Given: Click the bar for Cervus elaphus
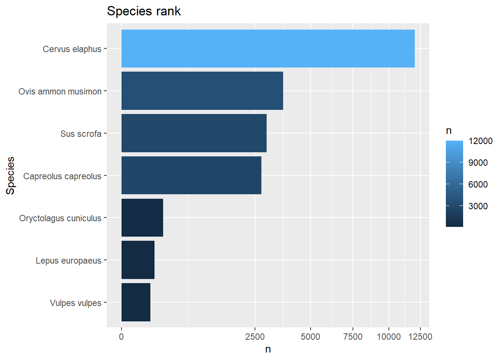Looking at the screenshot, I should pyautogui.click(x=268, y=49).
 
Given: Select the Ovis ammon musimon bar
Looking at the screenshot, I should pyautogui.click(x=202, y=91).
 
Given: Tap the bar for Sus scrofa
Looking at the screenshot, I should pyautogui.click(x=194, y=133).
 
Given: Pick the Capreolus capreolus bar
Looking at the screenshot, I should pyautogui.click(x=191, y=175).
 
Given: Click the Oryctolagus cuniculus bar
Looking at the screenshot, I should pyautogui.click(x=142, y=218).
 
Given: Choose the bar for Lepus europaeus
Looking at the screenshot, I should pyautogui.click(x=138, y=260).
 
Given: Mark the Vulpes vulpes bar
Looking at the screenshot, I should pyautogui.click(x=136, y=302).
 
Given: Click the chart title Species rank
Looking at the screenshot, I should pyautogui.click(x=144, y=11).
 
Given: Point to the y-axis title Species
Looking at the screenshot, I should pyautogui.click(x=10, y=175).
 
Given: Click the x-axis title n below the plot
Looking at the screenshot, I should pyautogui.click(x=268, y=349).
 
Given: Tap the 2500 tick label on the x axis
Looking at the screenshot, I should pyautogui.click(x=255, y=337).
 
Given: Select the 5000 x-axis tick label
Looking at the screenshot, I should pyautogui.click(x=310, y=337).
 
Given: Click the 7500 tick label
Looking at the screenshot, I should pyautogui.click(x=353, y=337).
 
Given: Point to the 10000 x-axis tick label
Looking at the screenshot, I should pyautogui.click(x=388, y=337).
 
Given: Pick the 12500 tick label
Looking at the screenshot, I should pyautogui.click(x=420, y=337).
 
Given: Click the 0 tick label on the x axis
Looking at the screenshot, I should pyautogui.click(x=121, y=337).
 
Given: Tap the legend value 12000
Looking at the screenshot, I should pyautogui.click(x=480, y=141).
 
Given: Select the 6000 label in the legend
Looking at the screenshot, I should pyautogui.click(x=478, y=184).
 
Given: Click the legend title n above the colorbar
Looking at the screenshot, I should pyautogui.click(x=448, y=131).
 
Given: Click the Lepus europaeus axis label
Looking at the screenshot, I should pyautogui.click(x=68, y=261).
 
